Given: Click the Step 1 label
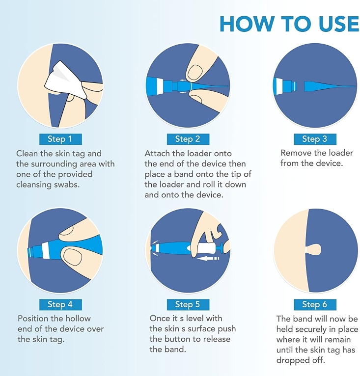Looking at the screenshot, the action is point(60,139).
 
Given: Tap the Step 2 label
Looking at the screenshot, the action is point(188,139).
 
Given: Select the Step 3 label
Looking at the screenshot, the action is point(315,139).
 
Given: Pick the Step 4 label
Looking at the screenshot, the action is point(60,304).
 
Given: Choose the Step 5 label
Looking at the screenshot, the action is point(188,304).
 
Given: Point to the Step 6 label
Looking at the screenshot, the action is point(315,304).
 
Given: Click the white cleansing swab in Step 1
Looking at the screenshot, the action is point(65,81).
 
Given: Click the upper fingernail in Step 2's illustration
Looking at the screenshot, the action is point(195,73).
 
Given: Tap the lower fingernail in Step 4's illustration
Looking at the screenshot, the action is point(72,257).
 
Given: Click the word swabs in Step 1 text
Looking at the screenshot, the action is point(66,185).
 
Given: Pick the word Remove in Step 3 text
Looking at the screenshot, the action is point(296,153).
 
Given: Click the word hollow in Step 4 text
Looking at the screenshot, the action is point(78,319).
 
